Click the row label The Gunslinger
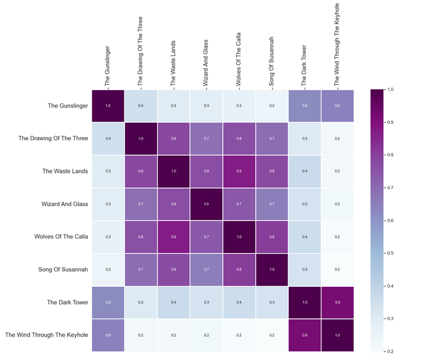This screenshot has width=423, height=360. pos(68,106)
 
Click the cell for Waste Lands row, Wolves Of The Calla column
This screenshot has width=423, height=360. pos(239,171)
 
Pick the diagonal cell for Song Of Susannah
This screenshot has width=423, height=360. pos(271,269)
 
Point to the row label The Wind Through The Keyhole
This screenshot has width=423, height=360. pos(47,334)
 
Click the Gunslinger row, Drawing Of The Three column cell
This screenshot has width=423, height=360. pos(141,106)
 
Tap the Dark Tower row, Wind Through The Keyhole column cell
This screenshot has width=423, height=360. pos(337,301)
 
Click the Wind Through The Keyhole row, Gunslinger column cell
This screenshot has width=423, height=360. pos(108,334)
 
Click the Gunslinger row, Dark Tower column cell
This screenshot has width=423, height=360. pos(304,106)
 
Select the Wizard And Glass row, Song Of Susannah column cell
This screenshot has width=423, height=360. pos(271,204)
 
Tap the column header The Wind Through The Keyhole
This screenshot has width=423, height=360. pos(337,43)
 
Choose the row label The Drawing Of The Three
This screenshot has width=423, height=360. pos(53,138)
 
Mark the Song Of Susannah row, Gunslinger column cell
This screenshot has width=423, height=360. pos(108,269)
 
